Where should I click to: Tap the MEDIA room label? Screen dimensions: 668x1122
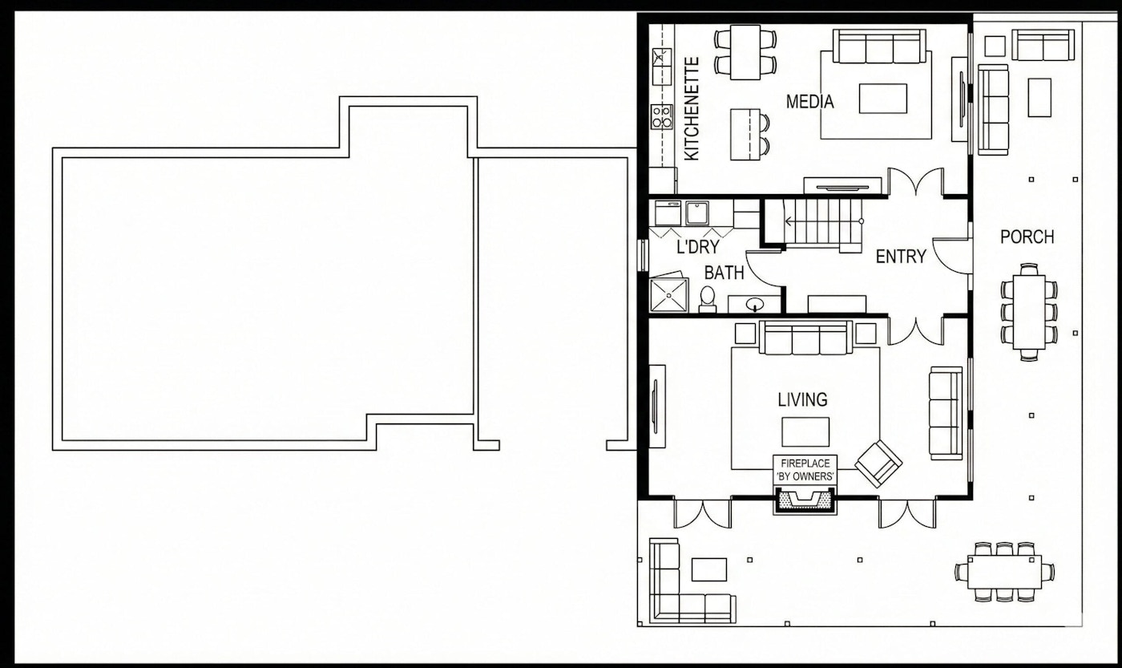tap(809, 102)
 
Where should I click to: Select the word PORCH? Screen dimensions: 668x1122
tap(1027, 237)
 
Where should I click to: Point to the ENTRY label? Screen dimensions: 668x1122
tap(900, 257)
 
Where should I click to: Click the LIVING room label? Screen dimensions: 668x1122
tap(802, 399)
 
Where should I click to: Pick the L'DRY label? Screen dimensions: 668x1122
tap(697, 248)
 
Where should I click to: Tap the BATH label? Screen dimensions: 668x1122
tap(724, 273)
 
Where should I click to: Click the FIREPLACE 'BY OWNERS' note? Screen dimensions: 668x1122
tap(805, 470)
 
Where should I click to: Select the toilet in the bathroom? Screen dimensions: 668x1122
tap(707, 299)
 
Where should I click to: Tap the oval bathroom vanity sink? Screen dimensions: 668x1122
tap(755, 304)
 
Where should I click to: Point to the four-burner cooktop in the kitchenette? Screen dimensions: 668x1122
tap(661, 117)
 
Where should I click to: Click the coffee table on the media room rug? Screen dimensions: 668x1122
tap(882, 99)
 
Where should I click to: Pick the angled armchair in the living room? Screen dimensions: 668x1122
tap(878, 463)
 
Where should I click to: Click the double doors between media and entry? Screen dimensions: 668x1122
tap(915, 183)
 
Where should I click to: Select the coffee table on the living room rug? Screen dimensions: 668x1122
tap(805, 431)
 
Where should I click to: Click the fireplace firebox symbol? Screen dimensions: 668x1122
tap(805, 501)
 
